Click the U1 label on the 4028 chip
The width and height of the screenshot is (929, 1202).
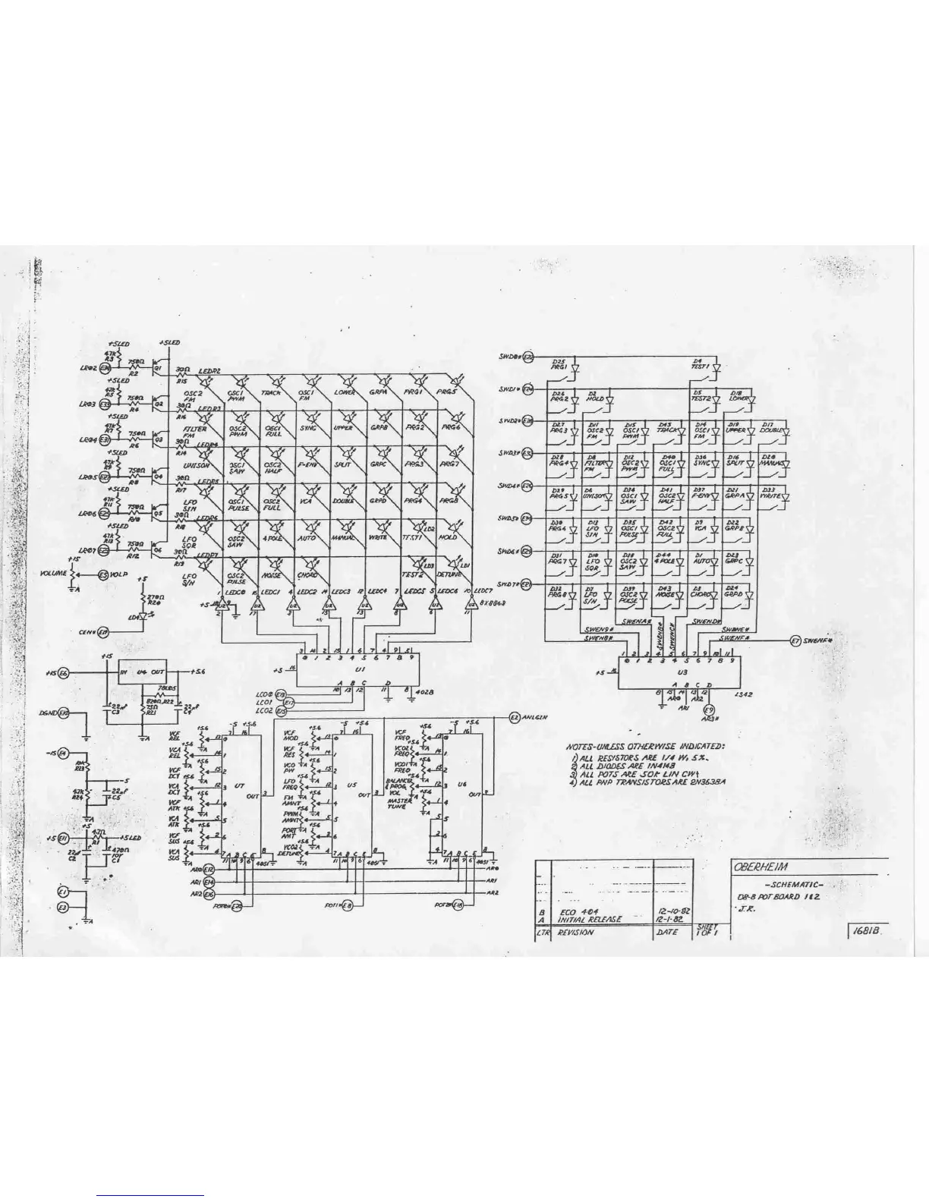(360, 670)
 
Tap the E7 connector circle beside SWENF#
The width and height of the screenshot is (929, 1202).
(795, 640)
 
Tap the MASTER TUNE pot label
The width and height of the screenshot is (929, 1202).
(400, 804)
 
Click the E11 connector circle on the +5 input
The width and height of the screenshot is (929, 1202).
(64, 838)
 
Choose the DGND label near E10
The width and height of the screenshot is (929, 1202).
(48, 713)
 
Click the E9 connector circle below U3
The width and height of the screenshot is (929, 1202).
(709, 710)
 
